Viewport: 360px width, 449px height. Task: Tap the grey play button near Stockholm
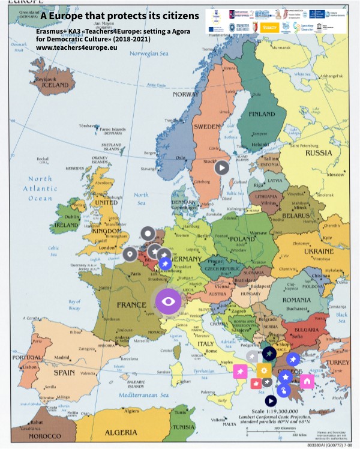(222, 167)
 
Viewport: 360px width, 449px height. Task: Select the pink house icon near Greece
(307, 381)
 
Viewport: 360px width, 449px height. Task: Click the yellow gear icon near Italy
(264, 370)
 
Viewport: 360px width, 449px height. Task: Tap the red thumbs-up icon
(256, 384)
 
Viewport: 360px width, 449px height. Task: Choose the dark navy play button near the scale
(271, 400)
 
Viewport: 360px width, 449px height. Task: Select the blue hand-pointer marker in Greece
(284, 391)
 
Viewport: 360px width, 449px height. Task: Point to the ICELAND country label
(56, 86)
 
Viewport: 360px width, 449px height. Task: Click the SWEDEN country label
(207, 127)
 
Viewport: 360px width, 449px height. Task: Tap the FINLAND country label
(262, 114)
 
